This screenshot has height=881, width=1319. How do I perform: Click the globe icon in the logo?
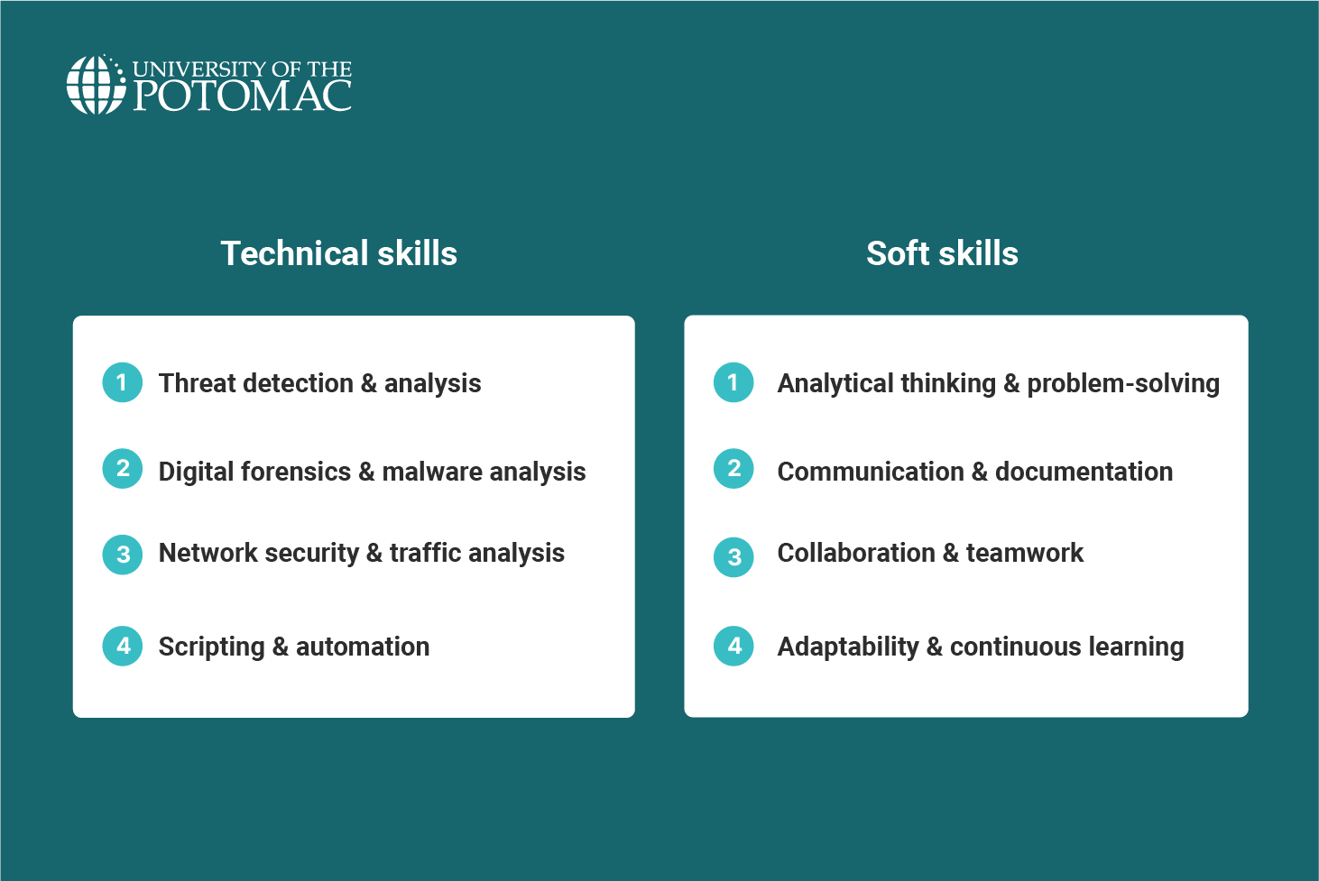point(96,85)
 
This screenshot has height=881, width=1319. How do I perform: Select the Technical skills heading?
point(338,253)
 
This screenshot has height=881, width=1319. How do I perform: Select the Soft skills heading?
point(942,253)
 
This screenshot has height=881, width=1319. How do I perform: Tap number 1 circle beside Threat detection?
point(123,382)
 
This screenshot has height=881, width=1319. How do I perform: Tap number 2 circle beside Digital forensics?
point(123,469)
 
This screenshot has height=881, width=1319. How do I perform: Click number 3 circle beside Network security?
point(123,555)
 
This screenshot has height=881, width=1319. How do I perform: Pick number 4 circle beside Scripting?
point(123,646)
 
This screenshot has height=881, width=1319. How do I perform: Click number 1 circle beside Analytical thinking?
point(733,382)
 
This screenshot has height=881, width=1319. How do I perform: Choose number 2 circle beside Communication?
point(733,469)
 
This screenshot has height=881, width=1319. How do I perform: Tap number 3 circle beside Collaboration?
point(733,557)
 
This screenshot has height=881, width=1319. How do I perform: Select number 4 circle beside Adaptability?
point(733,646)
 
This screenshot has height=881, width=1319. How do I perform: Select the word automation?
point(363,647)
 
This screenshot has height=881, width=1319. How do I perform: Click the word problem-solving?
point(1123,383)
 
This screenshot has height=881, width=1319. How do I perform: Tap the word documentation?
point(1084,472)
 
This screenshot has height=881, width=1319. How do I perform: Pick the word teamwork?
point(1024,553)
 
